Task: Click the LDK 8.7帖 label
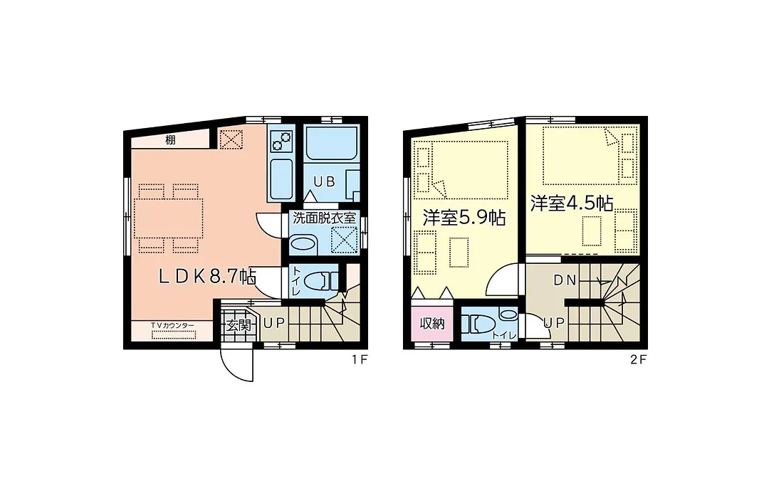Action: [x=207, y=277]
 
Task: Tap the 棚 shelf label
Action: [x=170, y=140]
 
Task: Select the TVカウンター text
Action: [x=172, y=325]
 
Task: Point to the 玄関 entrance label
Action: [x=239, y=324]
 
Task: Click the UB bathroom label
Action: [x=324, y=182]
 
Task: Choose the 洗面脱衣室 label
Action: [x=324, y=218]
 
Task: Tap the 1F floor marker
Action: [x=359, y=359]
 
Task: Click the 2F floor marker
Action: [x=639, y=359]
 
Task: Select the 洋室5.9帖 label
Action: [x=464, y=217]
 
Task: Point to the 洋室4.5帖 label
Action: [x=571, y=203]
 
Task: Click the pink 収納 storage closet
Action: [x=432, y=323]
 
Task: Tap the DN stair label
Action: [x=565, y=280]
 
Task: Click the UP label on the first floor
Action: [x=274, y=324]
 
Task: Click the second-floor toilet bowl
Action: [x=478, y=324]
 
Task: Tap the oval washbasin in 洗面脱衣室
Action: [x=303, y=243]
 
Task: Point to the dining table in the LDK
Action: [x=168, y=218]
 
